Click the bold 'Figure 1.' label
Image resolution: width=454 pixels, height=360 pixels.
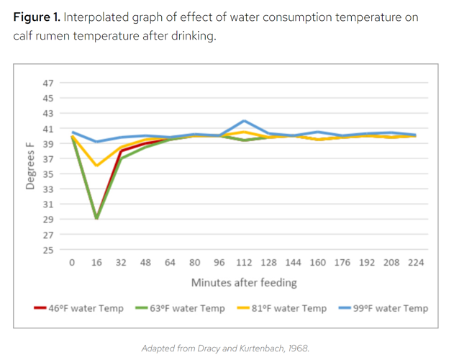click(x=36, y=17)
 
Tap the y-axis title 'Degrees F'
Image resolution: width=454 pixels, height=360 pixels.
click(x=30, y=166)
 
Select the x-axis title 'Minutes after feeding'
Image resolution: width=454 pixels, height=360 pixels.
click(x=243, y=282)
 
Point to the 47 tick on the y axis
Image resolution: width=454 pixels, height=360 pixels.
click(x=48, y=83)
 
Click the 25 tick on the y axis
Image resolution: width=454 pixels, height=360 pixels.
click(x=48, y=251)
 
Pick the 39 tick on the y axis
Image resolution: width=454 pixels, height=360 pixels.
click(x=48, y=144)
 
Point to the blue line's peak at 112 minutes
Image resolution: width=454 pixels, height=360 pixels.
click(x=245, y=121)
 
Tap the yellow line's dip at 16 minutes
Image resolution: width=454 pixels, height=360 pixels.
click(x=96, y=166)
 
